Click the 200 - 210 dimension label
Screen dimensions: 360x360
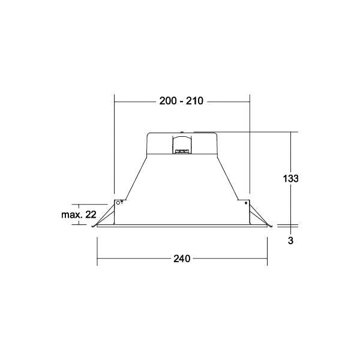pyautogui.click(x=181, y=101)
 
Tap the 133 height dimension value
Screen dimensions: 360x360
pyautogui.click(x=290, y=178)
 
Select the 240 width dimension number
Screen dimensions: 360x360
pyautogui.click(x=182, y=259)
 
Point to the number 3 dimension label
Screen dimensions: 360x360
pyautogui.click(x=290, y=241)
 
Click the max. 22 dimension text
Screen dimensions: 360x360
pyautogui.click(x=79, y=215)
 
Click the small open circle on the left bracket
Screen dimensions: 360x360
pyautogui.click(x=118, y=203)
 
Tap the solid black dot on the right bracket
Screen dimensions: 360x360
pyautogui.click(x=246, y=203)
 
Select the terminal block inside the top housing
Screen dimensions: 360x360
pyautogui.click(x=182, y=151)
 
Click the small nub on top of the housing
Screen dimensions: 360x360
pyautogui.click(x=182, y=132)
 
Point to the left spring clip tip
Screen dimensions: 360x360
pyautogui.click(x=93, y=227)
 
